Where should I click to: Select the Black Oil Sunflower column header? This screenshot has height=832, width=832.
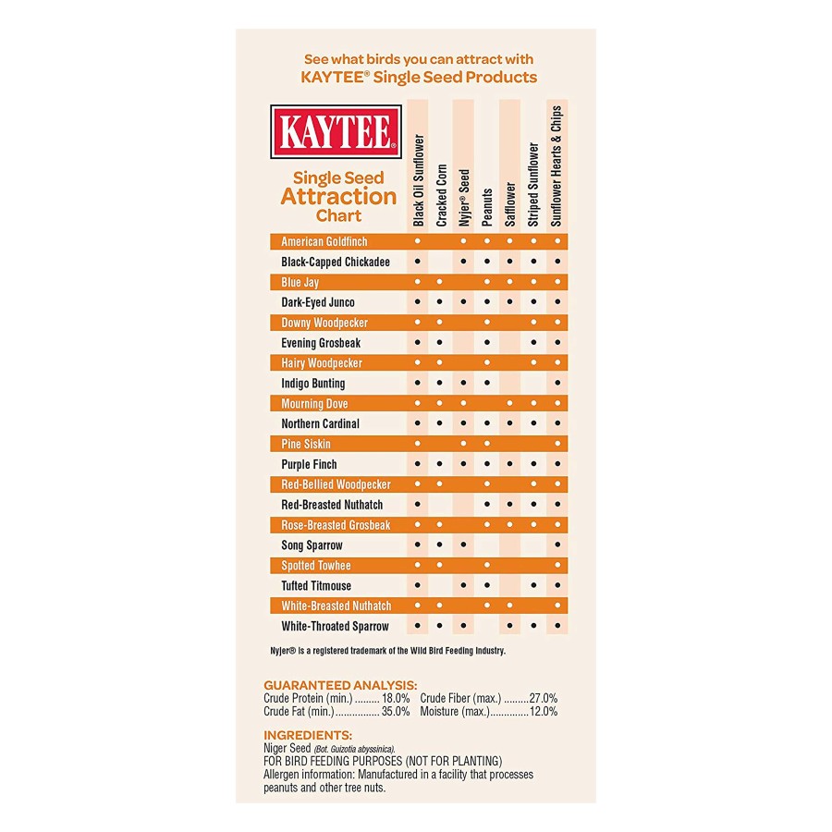coord(418,180)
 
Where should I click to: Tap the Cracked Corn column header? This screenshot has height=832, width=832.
coord(441,195)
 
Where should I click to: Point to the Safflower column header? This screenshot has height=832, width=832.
coord(510,203)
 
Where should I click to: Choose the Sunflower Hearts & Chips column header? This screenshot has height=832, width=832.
coord(557,165)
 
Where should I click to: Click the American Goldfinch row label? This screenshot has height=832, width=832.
coord(324,241)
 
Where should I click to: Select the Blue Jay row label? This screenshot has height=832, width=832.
coord(300,282)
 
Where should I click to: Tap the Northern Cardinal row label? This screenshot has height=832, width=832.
coord(320,423)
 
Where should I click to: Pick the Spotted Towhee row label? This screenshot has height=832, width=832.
coord(316,565)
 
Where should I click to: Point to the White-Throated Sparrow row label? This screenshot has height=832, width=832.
coord(335,626)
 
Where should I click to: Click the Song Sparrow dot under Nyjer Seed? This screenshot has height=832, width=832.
coord(464,544)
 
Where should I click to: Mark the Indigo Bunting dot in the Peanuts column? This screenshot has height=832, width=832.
coord(487,383)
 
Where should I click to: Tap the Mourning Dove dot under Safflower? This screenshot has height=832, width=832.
coord(510,403)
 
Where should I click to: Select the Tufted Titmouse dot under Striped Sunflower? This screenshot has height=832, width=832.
coord(533,585)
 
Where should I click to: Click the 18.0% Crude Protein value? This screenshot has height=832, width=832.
coord(396,698)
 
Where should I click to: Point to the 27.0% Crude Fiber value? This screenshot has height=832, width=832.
coord(544,698)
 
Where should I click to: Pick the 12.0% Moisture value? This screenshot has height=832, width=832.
coord(544,712)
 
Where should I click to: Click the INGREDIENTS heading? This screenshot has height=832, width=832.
coord(308,735)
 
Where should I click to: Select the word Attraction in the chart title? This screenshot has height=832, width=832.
coord(338,196)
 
